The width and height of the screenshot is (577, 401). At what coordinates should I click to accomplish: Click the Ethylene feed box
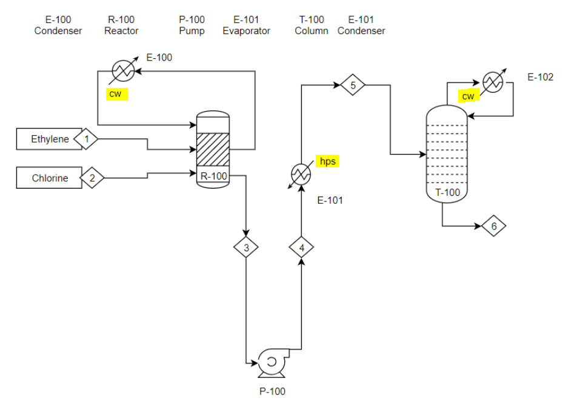click(x=48, y=139)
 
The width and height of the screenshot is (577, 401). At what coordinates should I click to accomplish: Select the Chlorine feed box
click(x=48, y=178)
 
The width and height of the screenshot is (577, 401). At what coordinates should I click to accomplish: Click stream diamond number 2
click(x=92, y=178)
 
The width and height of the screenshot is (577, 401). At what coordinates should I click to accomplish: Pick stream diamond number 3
click(x=246, y=247)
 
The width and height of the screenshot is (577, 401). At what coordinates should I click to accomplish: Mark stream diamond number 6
click(x=494, y=226)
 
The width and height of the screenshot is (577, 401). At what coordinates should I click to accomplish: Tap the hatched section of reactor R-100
click(x=213, y=149)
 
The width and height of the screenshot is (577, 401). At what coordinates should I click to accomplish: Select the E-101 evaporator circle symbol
click(x=301, y=175)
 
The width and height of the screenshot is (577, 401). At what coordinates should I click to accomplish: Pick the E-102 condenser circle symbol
click(x=494, y=83)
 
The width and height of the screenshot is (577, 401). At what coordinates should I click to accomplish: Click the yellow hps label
click(x=327, y=161)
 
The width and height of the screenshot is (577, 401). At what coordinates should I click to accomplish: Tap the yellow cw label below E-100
click(x=115, y=93)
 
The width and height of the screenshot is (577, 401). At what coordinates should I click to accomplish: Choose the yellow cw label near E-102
click(x=468, y=96)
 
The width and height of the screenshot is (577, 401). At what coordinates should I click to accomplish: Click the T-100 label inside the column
click(x=448, y=193)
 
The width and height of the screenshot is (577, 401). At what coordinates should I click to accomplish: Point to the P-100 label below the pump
click(x=272, y=391)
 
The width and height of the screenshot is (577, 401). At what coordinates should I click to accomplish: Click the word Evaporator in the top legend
click(x=246, y=31)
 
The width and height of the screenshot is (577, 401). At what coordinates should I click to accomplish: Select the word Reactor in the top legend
click(x=121, y=31)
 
